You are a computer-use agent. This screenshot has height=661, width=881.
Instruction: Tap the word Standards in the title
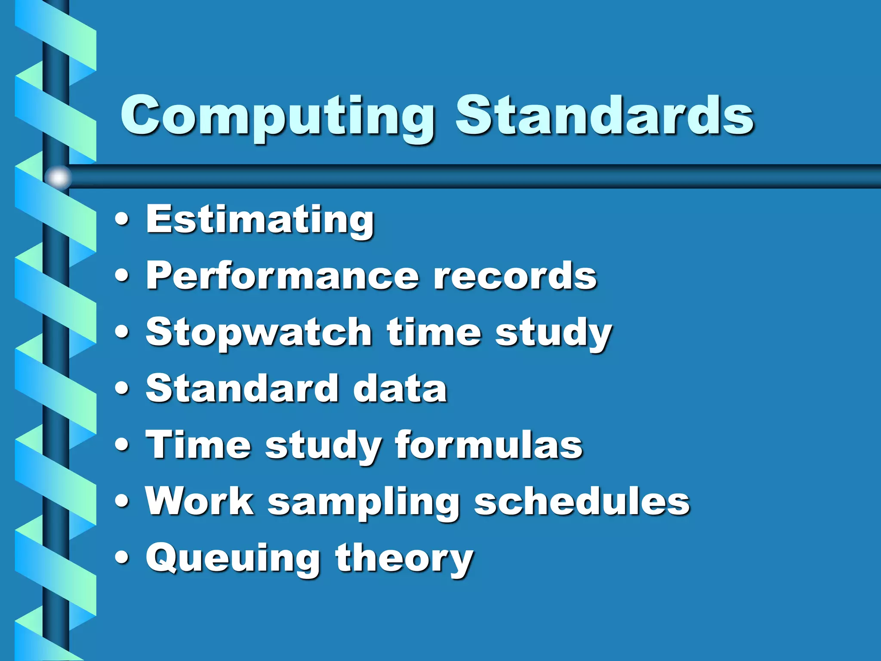(x=604, y=115)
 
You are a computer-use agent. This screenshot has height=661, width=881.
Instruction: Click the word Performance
(x=282, y=276)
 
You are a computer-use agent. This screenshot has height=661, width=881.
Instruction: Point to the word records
(x=515, y=276)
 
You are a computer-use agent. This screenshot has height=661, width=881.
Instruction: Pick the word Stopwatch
(x=259, y=332)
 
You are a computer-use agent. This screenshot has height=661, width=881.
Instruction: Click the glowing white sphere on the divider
(x=58, y=177)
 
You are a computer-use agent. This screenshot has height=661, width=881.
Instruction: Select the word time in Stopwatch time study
(x=434, y=332)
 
